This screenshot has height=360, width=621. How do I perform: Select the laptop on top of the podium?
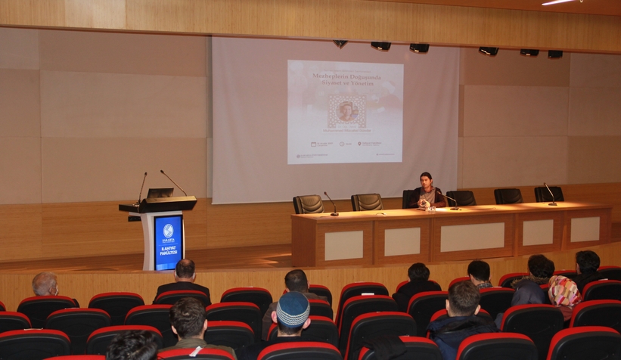coord(160,194)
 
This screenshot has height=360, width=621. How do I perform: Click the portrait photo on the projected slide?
coord(346,111)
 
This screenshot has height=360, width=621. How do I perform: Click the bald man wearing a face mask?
coord(45,286)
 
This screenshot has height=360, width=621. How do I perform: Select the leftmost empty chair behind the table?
coord(308,204)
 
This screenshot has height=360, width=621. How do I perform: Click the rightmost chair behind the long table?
coord(548,194)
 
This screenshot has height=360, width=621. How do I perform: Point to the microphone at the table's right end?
coord(549,194)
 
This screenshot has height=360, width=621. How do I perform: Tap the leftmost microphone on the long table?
coord(331,203)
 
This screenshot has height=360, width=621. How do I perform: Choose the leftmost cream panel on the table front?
coord(343,245)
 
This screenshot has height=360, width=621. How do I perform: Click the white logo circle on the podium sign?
coord(168,229)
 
